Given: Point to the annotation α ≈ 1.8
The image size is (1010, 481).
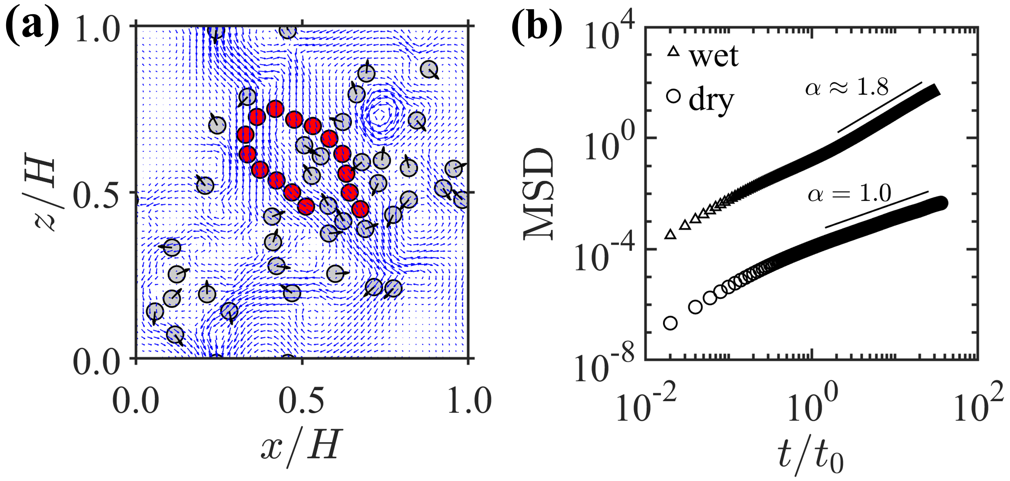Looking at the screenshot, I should pos(846,87).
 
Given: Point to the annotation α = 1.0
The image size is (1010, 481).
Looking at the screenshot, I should pos(849,193).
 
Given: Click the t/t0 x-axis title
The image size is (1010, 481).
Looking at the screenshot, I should pos(810,457).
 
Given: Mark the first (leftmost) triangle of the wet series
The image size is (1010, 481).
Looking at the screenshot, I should pos(670,235).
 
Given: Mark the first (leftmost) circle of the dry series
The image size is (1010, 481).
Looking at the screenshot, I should pos(670,323).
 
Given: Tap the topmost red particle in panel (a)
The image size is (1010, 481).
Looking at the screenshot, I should pos(275,109).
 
